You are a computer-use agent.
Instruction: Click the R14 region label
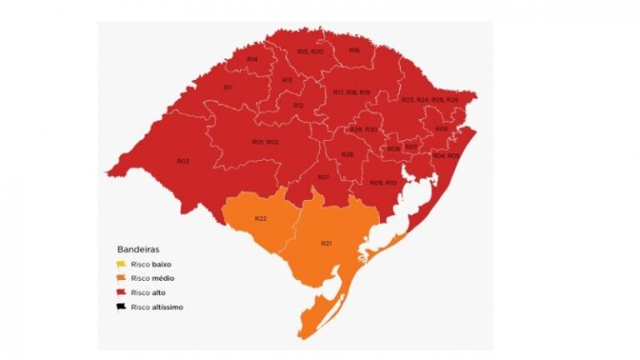252,59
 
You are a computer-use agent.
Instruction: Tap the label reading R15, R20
310,52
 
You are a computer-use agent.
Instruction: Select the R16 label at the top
354,51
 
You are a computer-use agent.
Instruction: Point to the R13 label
287,79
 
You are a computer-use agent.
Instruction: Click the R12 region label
297,106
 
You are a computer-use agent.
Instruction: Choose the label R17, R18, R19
351,92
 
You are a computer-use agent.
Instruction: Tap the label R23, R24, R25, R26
429,100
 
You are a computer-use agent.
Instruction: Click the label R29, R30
363,129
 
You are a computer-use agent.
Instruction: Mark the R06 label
441,128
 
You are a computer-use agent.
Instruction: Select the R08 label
394,148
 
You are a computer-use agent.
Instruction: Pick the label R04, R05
446,156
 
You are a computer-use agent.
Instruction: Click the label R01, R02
265,142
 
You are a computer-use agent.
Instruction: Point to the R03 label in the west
183,160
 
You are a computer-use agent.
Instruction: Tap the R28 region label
347,155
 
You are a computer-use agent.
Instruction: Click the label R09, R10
383,182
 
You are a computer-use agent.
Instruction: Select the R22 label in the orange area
261,217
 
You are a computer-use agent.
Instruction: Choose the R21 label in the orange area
326,242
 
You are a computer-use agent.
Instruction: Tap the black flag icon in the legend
122,307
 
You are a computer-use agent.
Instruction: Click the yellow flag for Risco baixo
122,263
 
